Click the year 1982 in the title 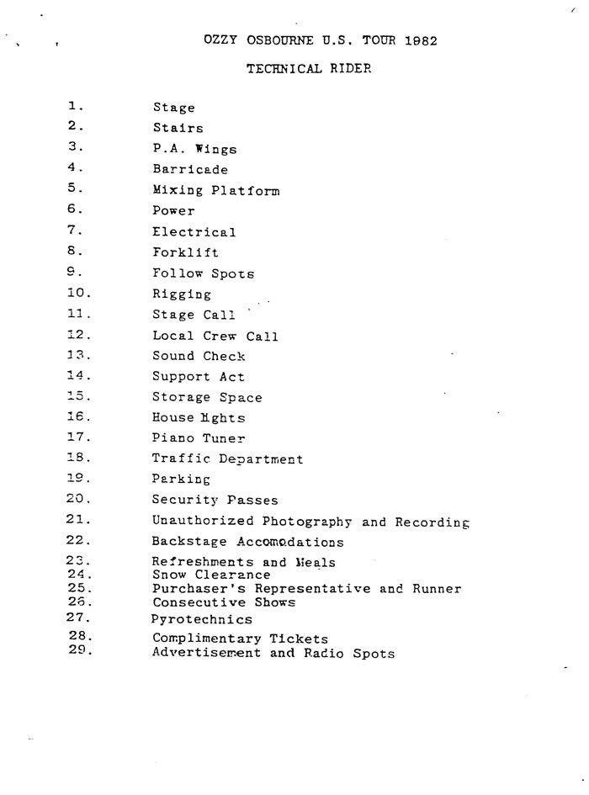(419, 40)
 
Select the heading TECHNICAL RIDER (309, 69)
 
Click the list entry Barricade (190, 169)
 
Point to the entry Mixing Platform (215, 190)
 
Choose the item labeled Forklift (185, 252)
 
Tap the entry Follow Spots (203, 273)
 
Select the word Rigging (182, 294)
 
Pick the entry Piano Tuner (199, 437)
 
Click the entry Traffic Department (227, 458)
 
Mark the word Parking (181, 479)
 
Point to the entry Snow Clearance (211, 575)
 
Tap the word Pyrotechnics (202, 619)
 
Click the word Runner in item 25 (437, 589)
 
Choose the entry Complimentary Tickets (240, 639)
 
